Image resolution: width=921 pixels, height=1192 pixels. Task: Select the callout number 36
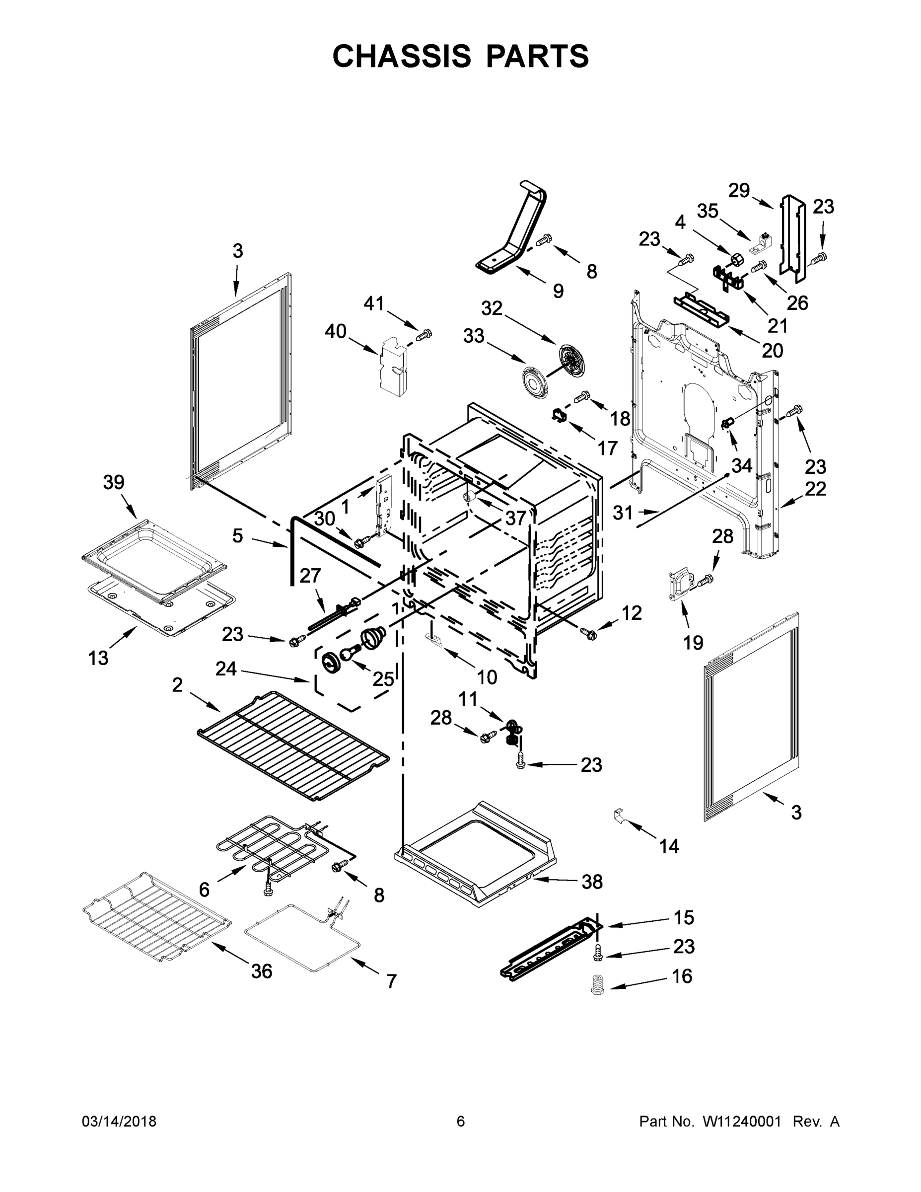click(261, 971)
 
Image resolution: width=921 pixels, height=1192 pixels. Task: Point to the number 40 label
click(336, 331)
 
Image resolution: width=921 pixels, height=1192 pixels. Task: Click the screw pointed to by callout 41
click(424, 334)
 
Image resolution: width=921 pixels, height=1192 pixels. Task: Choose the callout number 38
click(592, 882)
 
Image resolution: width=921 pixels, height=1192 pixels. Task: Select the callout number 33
click(474, 336)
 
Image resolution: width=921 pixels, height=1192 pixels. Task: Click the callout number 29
click(740, 191)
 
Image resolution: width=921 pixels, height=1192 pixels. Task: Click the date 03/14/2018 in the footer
click(119, 1121)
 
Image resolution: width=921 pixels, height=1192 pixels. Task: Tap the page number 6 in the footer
click(461, 1121)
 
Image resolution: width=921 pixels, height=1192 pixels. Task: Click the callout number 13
click(98, 658)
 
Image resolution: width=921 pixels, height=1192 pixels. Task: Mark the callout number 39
click(114, 482)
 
